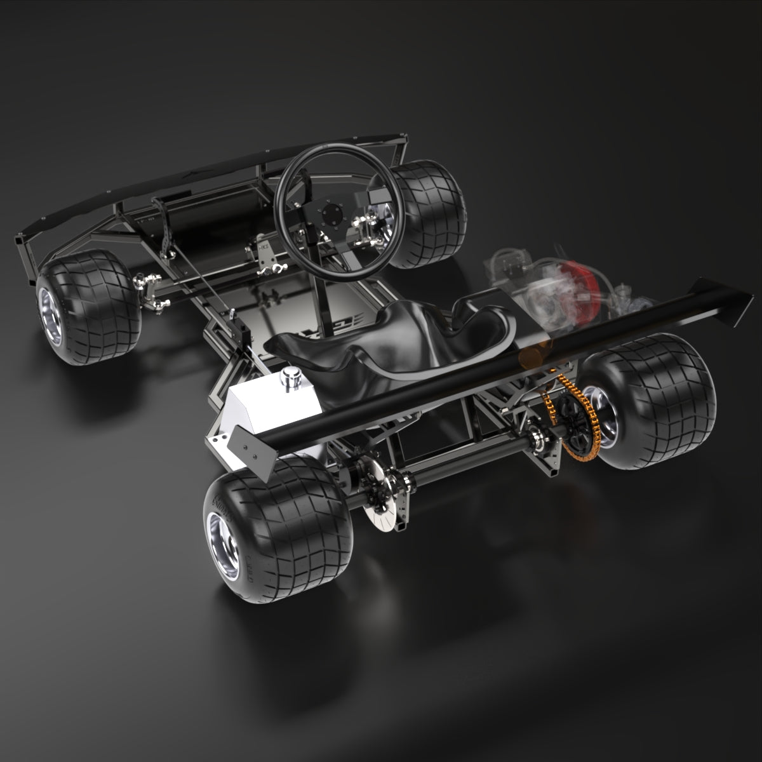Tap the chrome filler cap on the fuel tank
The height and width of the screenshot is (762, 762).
(x=293, y=375)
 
